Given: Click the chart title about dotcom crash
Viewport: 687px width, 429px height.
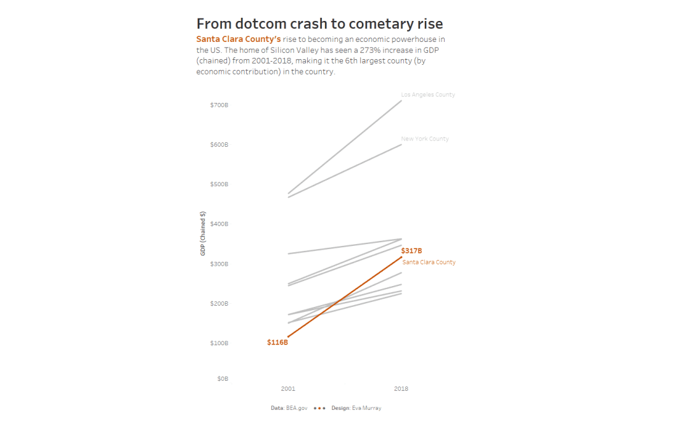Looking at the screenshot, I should (319, 24).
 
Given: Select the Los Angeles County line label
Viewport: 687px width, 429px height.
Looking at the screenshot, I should (427, 95).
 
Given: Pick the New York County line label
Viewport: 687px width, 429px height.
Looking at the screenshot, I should (424, 139).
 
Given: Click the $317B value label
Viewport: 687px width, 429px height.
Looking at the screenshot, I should (412, 251).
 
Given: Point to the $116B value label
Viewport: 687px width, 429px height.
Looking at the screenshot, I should (277, 343).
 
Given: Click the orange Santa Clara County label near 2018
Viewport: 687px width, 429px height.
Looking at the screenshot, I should (429, 262).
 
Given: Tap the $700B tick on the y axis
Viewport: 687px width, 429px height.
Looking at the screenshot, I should (219, 105).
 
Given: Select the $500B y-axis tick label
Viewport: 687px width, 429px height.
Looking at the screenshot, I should (219, 184).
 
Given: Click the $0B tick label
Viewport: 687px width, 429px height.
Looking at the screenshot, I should (222, 379).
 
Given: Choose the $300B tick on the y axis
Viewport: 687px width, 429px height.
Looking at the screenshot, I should (219, 264).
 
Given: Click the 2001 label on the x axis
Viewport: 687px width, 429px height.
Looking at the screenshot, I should (288, 389).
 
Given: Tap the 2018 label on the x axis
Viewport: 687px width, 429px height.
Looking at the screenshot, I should (401, 389).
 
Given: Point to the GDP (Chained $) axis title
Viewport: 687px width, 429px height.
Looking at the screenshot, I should (203, 233).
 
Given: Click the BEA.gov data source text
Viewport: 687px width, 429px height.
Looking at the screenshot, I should (296, 408).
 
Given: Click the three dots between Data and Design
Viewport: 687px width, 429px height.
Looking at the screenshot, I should (319, 408).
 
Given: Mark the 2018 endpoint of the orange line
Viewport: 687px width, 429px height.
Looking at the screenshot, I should (401, 257).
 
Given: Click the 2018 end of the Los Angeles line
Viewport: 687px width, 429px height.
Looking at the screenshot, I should (401, 100).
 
